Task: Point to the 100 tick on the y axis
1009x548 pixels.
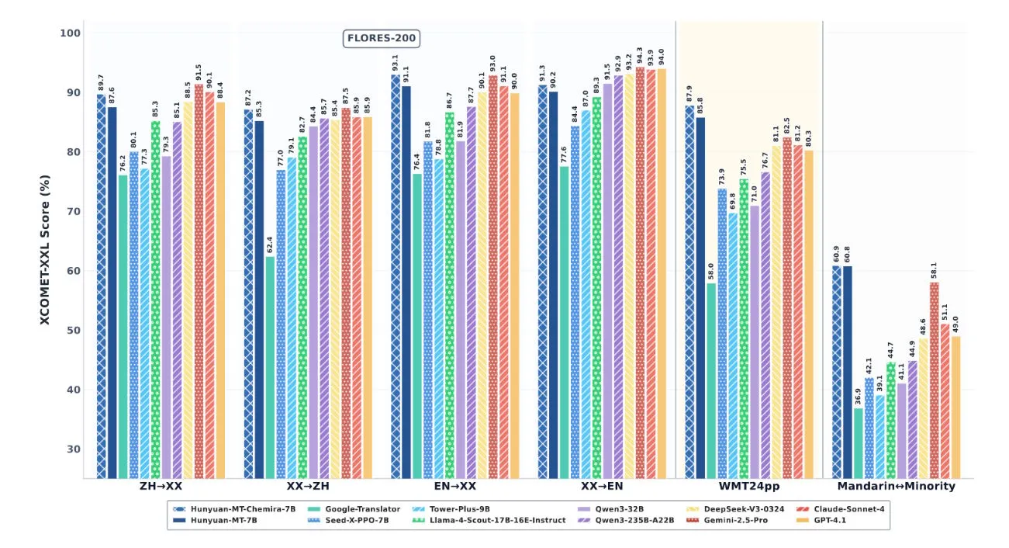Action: pyautogui.click(x=68, y=33)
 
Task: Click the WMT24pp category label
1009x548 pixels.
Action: pyautogui.click(x=748, y=487)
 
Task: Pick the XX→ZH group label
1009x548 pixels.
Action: pyautogui.click(x=308, y=487)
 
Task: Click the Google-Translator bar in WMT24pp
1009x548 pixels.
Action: pyautogui.click(x=711, y=380)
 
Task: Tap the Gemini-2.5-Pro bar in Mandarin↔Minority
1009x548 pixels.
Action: pyautogui.click(x=934, y=380)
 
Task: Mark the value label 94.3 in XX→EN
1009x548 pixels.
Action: pyautogui.click(x=640, y=56)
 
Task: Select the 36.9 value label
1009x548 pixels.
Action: pyautogui.click(x=858, y=397)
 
